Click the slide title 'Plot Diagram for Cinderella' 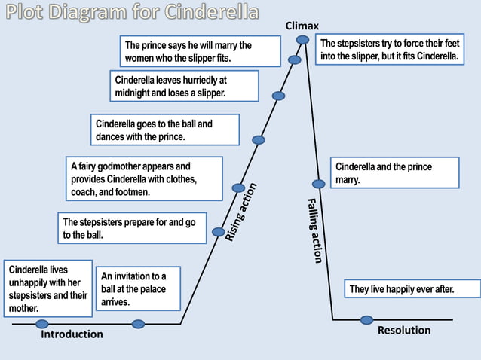pyautogui.click(x=132, y=14)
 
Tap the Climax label pyautogui.click(x=302, y=26)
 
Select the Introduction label pyautogui.click(x=72, y=334)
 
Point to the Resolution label pyautogui.click(x=404, y=330)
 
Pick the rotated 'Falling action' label pyautogui.click(x=314, y=230)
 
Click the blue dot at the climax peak pyautogui.click(x=302, y=39)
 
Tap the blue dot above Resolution pyautogui.click(x=367, y=320)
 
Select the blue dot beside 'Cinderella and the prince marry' pyautogui.click(x=318, y=183)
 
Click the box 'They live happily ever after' pyautogui.click(x=403, y=289)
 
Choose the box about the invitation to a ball pyautogui.click(x=138, y=288)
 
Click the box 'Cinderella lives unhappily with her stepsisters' pyautogui.click(x=48, y=288)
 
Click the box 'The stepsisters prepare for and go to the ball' pyautogui.click(x=132, y=228)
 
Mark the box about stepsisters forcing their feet pyautogui.click(x=388, y=50)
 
